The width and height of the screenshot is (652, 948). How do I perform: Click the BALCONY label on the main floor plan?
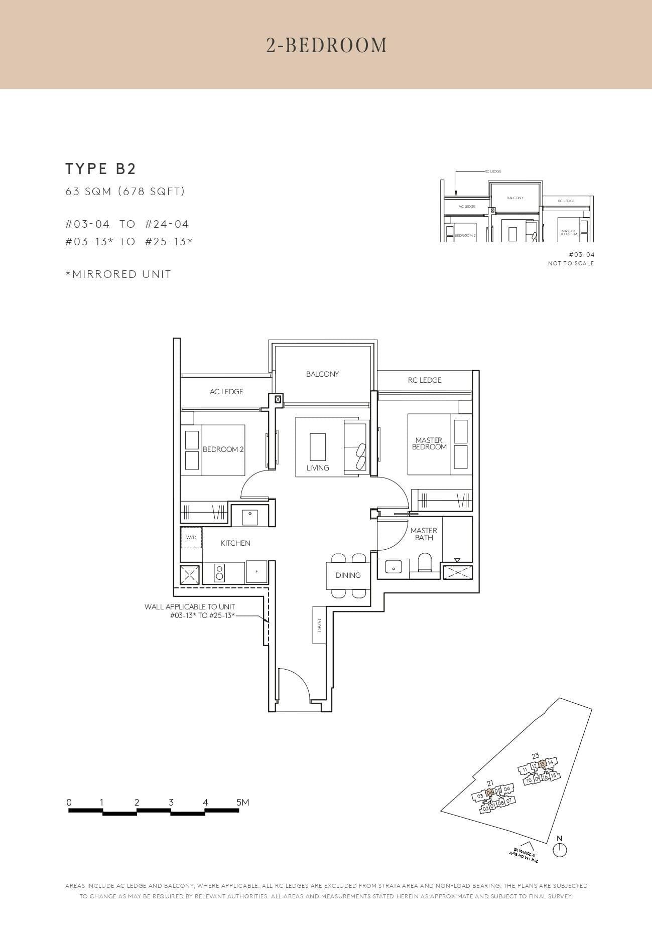322,374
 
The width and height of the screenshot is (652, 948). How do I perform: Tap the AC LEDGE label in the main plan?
226,391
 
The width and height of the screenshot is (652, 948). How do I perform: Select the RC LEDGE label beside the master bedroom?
425,380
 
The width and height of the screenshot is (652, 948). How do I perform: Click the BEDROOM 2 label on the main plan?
223,449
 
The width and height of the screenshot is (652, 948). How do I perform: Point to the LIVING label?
318,467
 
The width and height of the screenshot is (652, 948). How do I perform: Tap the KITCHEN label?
235,543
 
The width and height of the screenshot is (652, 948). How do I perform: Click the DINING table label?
348,575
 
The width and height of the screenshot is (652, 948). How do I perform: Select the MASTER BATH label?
424,534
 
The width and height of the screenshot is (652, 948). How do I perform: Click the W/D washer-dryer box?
191,537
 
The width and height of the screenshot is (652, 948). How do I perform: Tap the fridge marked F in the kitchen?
256,572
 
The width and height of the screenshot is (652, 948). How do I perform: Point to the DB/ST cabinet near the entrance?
319,625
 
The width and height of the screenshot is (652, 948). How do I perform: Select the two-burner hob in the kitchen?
220,572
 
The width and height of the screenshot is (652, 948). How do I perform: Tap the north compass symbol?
560,850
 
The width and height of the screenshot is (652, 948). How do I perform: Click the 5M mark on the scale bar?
242,802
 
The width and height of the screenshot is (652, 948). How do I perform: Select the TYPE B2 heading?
101,169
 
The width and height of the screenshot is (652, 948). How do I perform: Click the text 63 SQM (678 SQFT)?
125,191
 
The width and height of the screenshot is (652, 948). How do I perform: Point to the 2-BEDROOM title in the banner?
326,45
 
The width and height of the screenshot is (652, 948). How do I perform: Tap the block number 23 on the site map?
535,756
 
